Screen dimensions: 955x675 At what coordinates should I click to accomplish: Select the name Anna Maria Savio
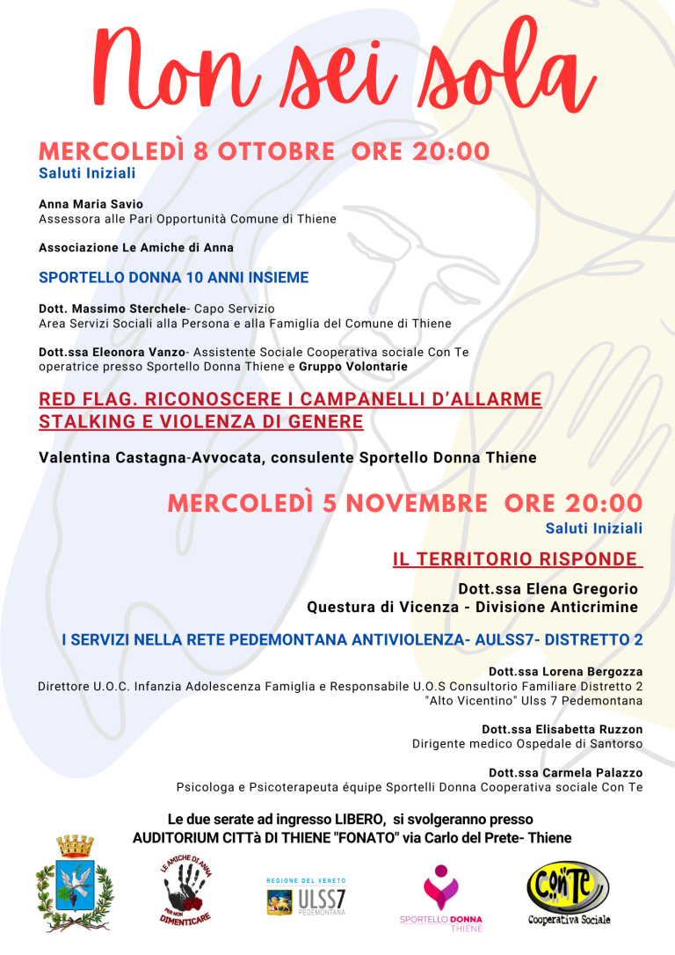coord(91,204)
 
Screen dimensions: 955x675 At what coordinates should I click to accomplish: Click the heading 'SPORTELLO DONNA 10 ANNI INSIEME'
coord(173,278)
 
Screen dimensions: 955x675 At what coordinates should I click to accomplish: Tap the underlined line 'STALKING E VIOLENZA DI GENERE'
coord(200,422)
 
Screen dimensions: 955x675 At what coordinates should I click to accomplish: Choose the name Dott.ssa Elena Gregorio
coord(548,589)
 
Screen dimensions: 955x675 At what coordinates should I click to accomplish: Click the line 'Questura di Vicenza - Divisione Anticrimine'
coord(472,608)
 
